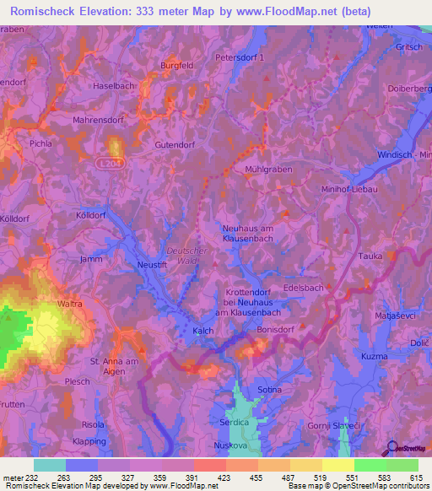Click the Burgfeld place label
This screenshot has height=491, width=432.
177,64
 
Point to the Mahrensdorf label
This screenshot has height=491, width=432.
103,120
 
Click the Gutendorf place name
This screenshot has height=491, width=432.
175,145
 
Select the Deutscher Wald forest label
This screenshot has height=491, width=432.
186,255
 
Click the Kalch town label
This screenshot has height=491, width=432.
202,332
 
